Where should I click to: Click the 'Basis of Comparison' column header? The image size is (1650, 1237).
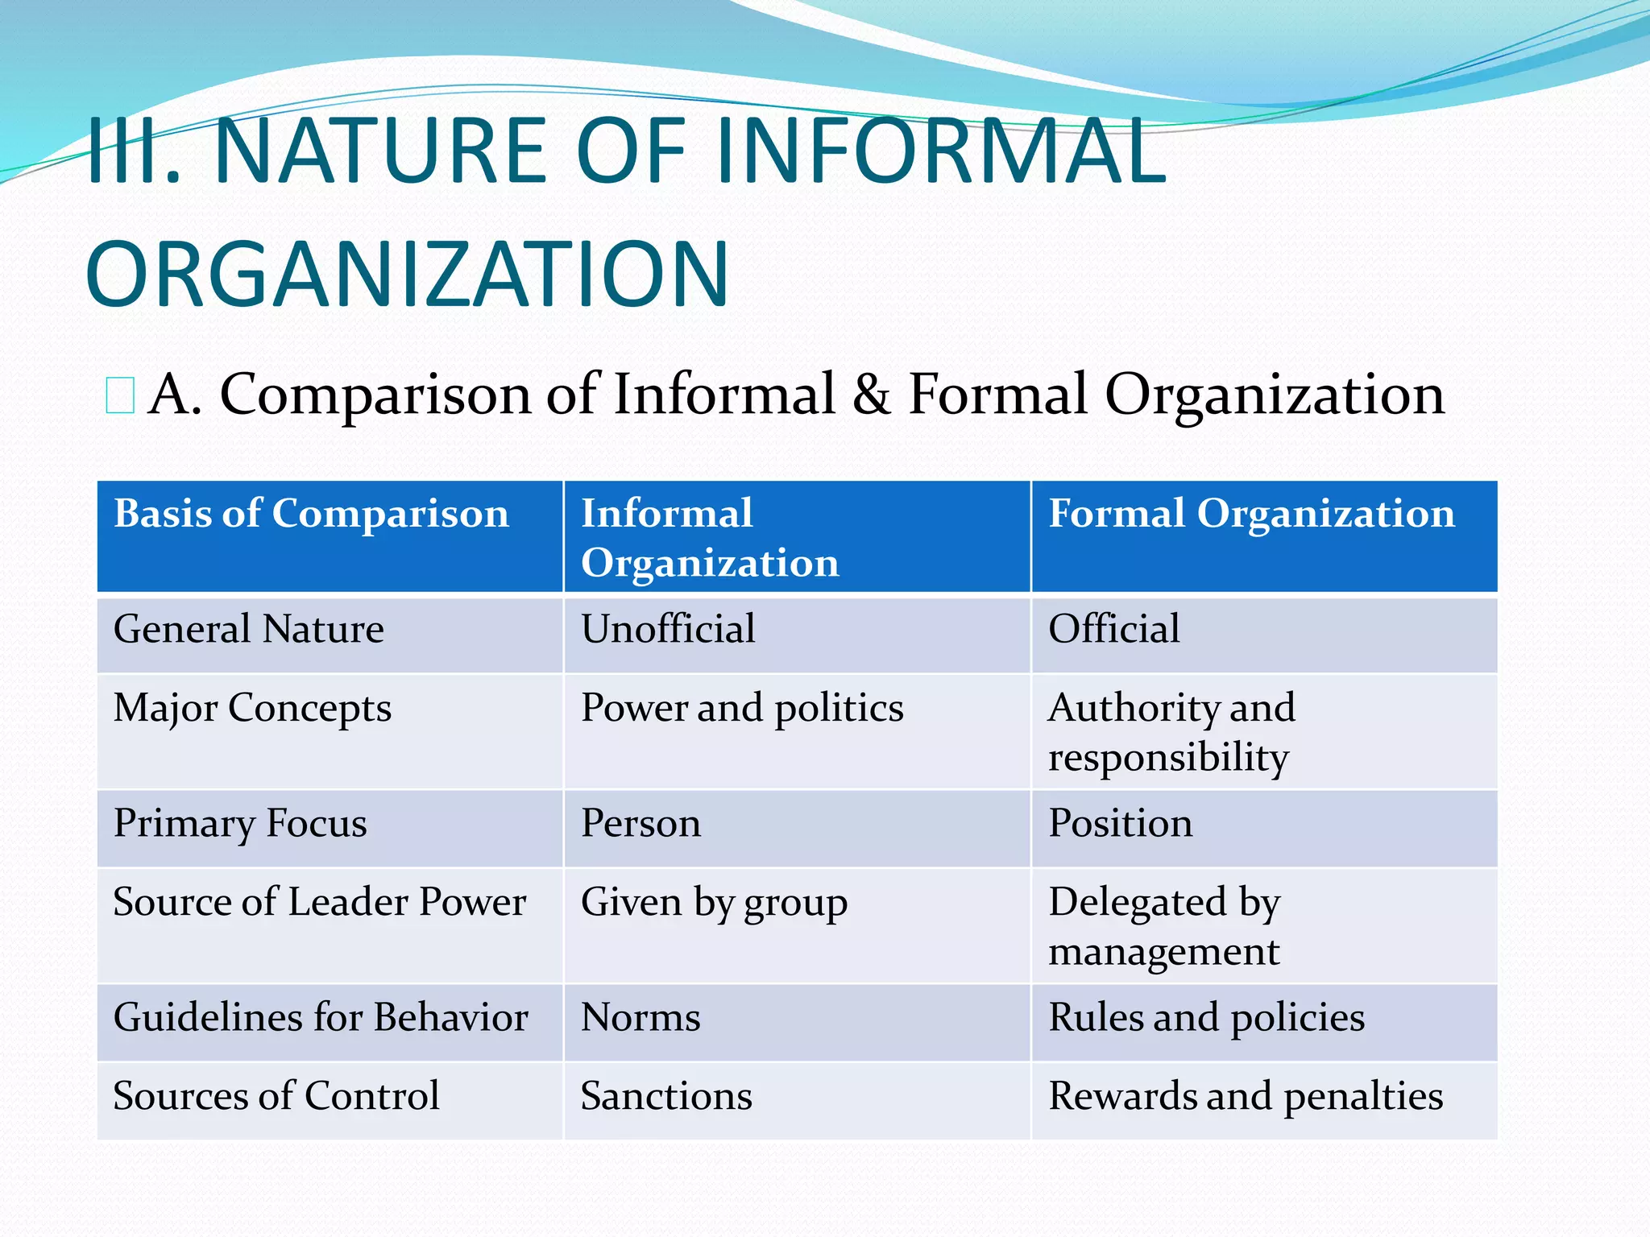[311, 514]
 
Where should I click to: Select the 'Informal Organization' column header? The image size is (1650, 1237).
[709, 538]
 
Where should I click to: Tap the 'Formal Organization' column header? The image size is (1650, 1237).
[1251, 514]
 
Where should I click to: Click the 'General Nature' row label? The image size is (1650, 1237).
[248, 629]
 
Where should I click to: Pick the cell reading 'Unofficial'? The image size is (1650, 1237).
[668, 629]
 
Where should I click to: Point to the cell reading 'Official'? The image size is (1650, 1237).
[1113, 629]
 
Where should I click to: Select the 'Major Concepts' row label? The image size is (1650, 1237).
[252, 709]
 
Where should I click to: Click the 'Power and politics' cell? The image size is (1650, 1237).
[742, 709]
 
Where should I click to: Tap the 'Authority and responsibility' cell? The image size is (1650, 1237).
[1171, 732]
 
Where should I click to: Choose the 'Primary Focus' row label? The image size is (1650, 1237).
[240, 824]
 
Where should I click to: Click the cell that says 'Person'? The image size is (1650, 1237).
[641, 824]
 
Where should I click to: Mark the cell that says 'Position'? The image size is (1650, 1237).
[1120, 824]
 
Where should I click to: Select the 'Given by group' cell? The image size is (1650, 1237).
[714, 903]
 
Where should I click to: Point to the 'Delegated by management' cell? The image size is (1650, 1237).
[1164, 926]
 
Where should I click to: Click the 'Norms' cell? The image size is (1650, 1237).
[641, 1018]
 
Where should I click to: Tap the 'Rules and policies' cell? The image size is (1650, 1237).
[1206, 1018]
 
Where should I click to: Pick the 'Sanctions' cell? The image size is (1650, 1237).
[666, 1096]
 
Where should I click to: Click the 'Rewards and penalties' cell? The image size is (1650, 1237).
[1246, 1096]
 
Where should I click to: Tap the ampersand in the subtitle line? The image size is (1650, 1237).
[872, 395]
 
